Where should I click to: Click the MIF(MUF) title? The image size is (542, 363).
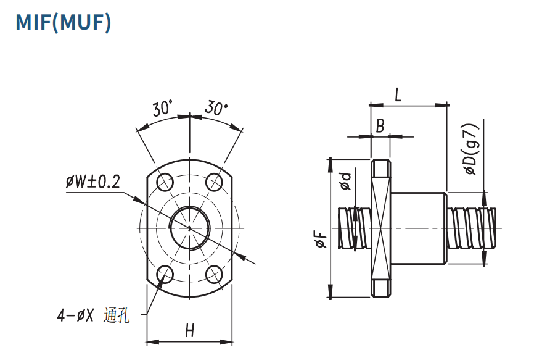click(63, 22)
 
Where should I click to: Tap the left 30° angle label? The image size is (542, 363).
click(162, 109)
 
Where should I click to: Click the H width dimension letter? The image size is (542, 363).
click(190, 331)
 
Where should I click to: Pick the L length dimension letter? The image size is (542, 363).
click(398, 94)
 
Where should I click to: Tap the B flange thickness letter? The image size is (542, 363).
click(380, 127)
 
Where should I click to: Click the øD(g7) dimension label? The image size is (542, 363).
click(470, 149)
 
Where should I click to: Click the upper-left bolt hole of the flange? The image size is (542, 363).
click(165, 182)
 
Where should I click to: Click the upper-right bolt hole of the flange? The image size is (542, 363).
click(215, 182)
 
